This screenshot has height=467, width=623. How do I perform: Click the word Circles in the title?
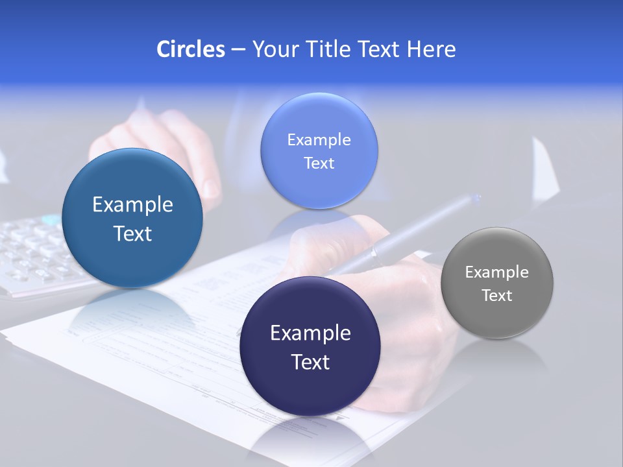coord(190,49)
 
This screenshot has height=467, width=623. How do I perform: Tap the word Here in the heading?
coord(431,49)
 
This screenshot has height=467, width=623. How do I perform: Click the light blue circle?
coord(319,150)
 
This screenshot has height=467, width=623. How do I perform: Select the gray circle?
coord(497,283)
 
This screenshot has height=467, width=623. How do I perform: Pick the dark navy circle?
coord(310,346)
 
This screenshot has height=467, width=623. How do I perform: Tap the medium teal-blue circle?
coord(132,218)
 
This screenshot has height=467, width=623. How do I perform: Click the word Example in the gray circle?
coord(497,272)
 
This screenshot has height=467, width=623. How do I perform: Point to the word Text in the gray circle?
coord(497,295)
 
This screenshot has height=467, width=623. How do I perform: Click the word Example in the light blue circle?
coord(319,139)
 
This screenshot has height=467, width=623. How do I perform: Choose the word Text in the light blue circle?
coord(319,163)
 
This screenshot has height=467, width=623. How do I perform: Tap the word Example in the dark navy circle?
coord(310,333)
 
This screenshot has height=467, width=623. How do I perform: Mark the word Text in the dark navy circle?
coord(310,362)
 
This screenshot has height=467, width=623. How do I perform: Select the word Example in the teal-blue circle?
coord(132,204)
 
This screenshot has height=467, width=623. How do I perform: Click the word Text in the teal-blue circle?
coord(132,233)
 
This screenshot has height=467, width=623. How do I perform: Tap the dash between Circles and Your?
coord(238,49)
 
